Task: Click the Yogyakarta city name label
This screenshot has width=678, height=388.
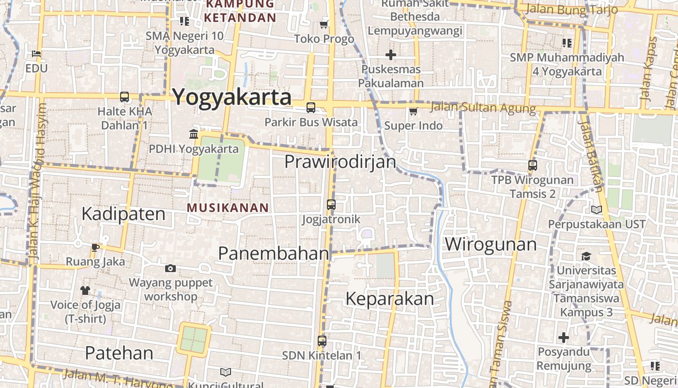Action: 232,97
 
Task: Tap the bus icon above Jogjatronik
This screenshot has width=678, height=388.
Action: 331,204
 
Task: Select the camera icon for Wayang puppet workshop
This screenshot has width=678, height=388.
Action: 170,268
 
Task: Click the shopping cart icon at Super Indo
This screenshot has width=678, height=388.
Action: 413,112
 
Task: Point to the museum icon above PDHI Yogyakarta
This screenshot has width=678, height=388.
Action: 194,134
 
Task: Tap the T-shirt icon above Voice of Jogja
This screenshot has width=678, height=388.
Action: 85,291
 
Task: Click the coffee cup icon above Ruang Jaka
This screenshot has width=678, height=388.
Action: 95,247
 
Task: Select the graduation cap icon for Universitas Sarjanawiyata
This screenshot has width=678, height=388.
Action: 586,256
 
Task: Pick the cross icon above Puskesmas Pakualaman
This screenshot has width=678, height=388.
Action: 391,55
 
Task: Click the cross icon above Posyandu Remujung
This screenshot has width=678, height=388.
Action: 564,337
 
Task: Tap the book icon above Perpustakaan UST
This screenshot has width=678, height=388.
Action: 597,210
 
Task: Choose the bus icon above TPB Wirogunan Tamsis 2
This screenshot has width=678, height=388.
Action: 533,165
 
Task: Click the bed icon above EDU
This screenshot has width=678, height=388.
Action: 36,54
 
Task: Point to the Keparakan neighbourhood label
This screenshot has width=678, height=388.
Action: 389,299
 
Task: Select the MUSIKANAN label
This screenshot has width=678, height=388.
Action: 228,208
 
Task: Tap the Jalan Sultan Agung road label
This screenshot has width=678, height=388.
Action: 482,108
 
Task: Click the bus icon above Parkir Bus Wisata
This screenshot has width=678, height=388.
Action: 311,108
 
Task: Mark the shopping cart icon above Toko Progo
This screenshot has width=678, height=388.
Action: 324,24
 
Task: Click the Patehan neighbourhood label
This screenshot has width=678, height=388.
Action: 119,353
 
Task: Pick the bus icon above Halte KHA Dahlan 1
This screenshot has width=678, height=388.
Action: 124,97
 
